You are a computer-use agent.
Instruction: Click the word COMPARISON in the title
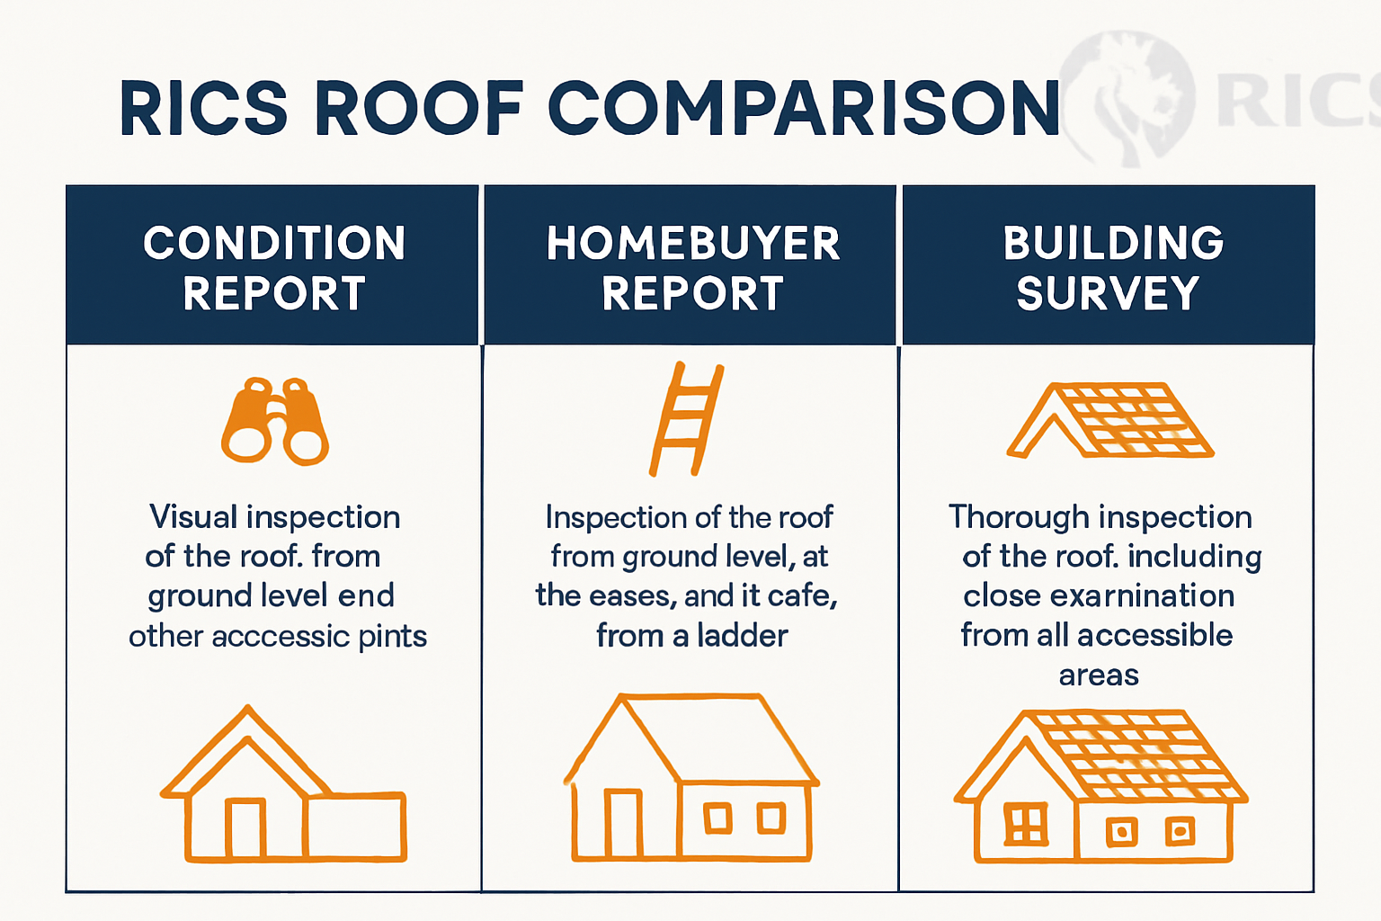click(804, 109)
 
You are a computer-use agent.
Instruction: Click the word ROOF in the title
click(419, 109)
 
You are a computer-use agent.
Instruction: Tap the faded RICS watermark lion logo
click(1128, 99)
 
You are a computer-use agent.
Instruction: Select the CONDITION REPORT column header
click(273, 267)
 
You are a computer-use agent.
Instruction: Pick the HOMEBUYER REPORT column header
click(692, 267)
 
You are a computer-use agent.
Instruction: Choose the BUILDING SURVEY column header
click(1111, 267)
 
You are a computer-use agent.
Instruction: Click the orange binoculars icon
click(275, 421)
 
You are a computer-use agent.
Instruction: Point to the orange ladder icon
click(687, 419)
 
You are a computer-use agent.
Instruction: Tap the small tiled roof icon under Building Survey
click(1111, 420)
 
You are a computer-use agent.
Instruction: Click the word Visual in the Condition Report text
click(193, 517)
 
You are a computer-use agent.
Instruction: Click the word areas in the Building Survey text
click(1099, 675)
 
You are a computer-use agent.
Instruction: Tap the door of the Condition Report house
click(245, 827)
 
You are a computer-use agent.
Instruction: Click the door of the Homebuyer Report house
click(623, 823)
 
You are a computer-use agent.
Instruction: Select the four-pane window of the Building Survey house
click(1025, 823)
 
